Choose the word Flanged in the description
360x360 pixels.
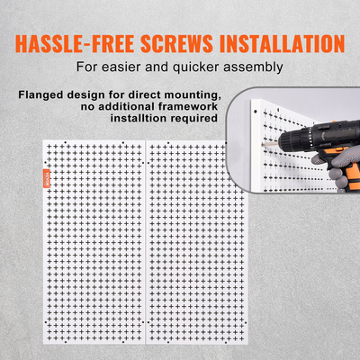(x=40, y=95)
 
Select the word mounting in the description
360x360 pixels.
(x=189, y=95)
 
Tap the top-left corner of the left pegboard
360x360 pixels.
(x=43, y=139)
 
